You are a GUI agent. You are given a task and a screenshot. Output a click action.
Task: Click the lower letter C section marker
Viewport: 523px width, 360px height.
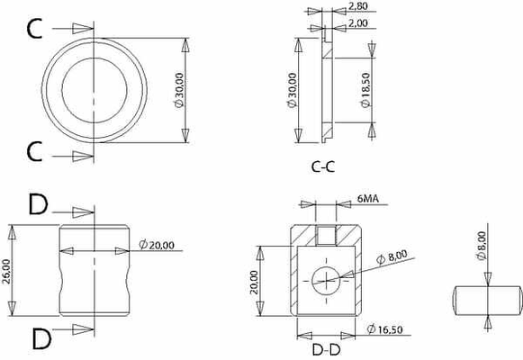[34, 152]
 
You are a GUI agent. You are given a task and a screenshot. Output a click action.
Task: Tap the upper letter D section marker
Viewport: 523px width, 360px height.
[38, 206]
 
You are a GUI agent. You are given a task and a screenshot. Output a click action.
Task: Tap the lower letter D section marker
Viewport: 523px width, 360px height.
[40, 339]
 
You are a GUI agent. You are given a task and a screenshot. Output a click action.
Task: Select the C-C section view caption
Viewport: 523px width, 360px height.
[325, 166]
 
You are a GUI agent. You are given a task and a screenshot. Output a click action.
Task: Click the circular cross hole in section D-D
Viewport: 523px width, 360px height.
[325, 280]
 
